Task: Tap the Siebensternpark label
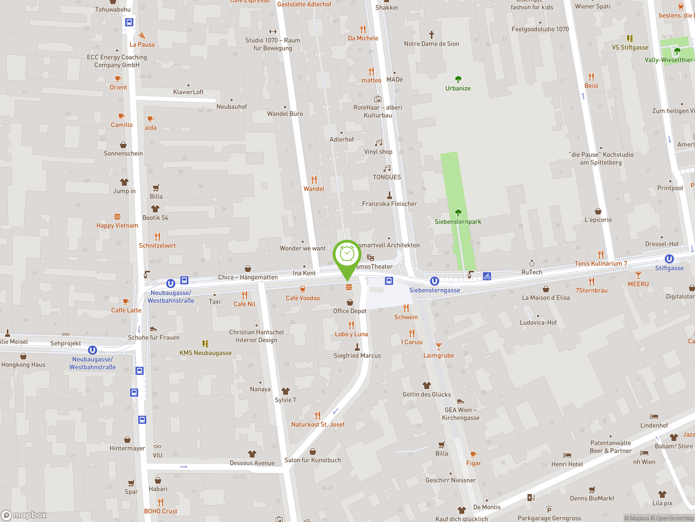coord(457,222)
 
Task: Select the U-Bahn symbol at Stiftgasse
coord(669,259)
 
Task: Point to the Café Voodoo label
coord(303,298)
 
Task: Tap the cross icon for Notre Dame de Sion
coord(431,34)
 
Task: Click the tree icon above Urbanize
coord(458,79)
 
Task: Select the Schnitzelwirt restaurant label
coord(157,246)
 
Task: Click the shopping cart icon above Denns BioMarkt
coord(592,490)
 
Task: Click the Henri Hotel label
coord(567,464)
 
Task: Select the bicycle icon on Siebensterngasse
coord(487,276)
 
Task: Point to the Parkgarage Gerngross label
coord(549,518)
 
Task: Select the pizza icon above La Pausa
coord(142,35)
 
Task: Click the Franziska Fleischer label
coord(389,204)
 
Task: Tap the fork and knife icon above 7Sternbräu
coord(591,281)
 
